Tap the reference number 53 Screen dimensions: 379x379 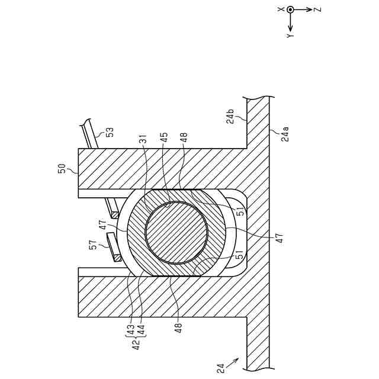point(109,131)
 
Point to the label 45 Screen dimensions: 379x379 point(164,138)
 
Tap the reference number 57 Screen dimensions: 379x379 point(93,245)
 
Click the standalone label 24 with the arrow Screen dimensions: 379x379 point(221,368)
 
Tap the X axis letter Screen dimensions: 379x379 point(282,9)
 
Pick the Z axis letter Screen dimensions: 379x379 point(317,10)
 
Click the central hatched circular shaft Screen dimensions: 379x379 point(176,233)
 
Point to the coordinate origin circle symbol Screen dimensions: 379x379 point(290,10)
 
